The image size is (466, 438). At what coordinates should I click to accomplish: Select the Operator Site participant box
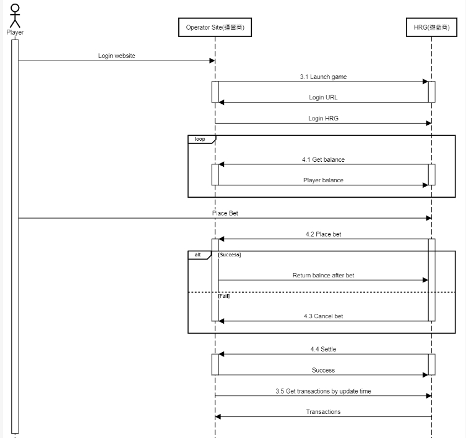pos(215,27)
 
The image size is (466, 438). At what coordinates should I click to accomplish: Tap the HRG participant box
pos(431,27)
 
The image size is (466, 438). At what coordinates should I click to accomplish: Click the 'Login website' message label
pos(116,56)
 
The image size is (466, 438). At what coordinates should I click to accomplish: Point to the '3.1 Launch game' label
pos(323,77)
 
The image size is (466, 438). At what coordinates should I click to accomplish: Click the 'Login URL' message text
pos(323,98)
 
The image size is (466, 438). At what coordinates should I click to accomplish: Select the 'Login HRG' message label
pos(323,118)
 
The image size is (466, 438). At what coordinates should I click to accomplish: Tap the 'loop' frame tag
pos(200,139)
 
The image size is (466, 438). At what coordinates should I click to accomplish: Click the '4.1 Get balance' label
pos(323,159)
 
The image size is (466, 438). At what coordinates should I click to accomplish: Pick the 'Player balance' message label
pos(323,180)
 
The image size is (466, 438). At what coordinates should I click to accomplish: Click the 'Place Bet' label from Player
pos(225,213)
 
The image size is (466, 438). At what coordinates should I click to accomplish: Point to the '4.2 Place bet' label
pos(323,234)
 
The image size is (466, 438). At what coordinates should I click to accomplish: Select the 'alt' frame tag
pos(198,255)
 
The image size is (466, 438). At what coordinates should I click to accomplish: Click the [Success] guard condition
pos(230,255)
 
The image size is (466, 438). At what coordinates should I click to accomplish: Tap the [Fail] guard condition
pos(225,296)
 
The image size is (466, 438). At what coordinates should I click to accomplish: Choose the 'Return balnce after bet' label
pos(323,276)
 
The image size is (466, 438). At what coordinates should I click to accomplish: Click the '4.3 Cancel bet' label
pos(323,316)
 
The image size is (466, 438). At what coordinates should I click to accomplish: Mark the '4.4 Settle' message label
pos(323,349)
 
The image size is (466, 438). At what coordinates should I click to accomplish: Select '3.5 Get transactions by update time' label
pos(323,391)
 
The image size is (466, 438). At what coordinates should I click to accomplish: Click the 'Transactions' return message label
pos(323,411)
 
